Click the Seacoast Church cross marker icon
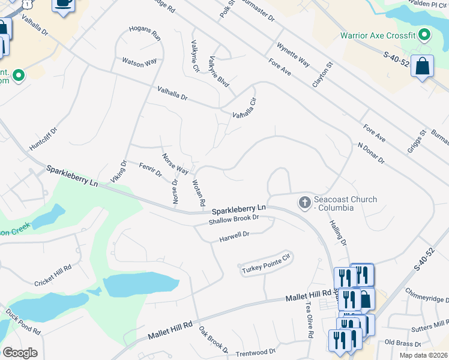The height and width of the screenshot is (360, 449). pos(305,203)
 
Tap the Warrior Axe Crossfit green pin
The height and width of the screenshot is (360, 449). pos(424,35)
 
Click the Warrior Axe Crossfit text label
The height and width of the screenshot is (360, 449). pos(378,35)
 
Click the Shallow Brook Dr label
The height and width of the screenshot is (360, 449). pos(234,220)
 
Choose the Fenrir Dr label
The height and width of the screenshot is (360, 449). pos(151,170)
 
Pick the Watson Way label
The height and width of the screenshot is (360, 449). pos(139,61)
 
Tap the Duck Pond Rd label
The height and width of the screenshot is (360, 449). pos(23,322)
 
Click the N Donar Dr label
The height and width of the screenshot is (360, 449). pos(370,153)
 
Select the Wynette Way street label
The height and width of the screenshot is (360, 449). pos(293,55)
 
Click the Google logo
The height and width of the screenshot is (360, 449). pos(20,352)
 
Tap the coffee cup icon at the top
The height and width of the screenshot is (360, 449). pos(64,4)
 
